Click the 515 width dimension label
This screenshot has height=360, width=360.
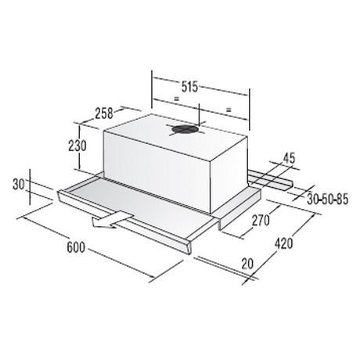coord(189,87)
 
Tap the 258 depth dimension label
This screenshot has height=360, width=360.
coord(103,113)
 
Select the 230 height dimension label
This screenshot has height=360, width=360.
coord(77,146)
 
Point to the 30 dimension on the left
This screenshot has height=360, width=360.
coord(19,185)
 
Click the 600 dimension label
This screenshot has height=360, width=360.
coord(76,247)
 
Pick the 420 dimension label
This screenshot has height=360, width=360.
coord(284,243)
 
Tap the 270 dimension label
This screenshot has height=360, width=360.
coord(261,221)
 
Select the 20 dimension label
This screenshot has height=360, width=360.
coord(247,264)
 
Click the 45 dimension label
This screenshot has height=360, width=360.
coord(289,158)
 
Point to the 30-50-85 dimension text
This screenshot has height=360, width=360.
coord(328,200)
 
